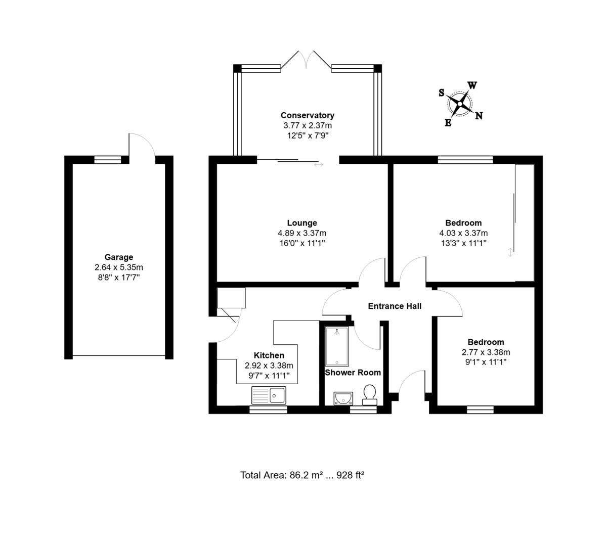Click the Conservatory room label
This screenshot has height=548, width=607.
[308, 115]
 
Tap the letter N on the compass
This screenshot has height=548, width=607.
[479, 116]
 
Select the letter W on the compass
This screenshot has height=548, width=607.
[472, 85]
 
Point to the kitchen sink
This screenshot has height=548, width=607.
[269, 395]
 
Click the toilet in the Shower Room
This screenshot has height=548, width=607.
[369, 395]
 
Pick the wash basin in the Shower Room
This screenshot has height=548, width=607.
[343, 398]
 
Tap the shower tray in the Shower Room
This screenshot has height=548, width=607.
[337, 346]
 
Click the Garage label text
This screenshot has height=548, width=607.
[118, 257]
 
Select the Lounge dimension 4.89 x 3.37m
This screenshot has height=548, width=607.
[302, 233]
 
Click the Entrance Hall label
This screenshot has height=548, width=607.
[395, 306]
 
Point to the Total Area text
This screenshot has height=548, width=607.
[302, 475]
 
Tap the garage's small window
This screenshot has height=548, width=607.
[107, 160]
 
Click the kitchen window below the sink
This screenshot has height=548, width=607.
[268, 410]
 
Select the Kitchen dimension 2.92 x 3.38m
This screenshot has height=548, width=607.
[269, 366]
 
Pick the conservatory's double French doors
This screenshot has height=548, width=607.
[306, 60]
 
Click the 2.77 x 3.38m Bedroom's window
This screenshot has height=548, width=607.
[480, 410]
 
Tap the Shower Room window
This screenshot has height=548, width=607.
[363, 410]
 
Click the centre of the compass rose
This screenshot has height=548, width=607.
[460, 104]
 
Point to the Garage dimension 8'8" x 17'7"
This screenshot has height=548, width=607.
[118, 278]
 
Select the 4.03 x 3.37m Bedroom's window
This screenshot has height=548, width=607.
[465, 160]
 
